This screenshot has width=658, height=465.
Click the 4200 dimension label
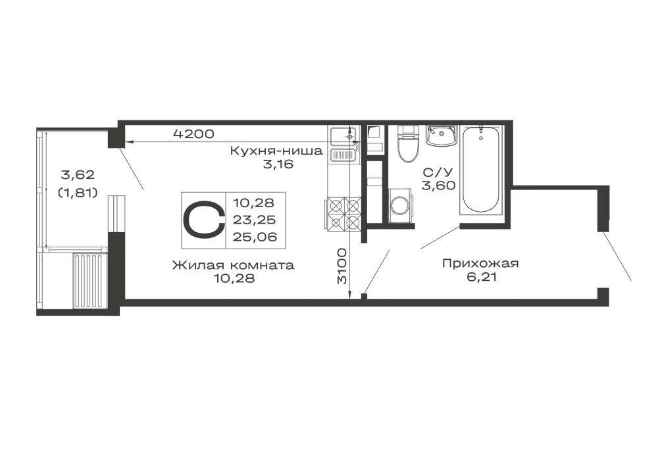[x=193, y=134]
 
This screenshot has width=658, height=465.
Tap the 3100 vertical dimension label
[x=343, y=266]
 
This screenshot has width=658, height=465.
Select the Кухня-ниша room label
[x=276, y=151]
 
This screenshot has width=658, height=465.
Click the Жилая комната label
[x=234, y=265]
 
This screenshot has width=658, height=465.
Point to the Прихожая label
[x=480, y=263]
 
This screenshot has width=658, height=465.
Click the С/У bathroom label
[x=438, y=172]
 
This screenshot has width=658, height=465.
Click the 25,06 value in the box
[x=255, y=237]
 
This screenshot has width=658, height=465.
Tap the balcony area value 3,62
[x=78, y=174]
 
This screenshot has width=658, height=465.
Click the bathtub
[x=482, y=170]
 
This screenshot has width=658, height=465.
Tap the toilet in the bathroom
[x=409, y=143]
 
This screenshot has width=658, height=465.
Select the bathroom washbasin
[x=441, y=135]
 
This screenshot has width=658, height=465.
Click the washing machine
[x=401, y=205]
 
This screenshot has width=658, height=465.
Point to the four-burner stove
[x=342, y=213]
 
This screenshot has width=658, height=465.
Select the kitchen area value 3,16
[x=278, y=164]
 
